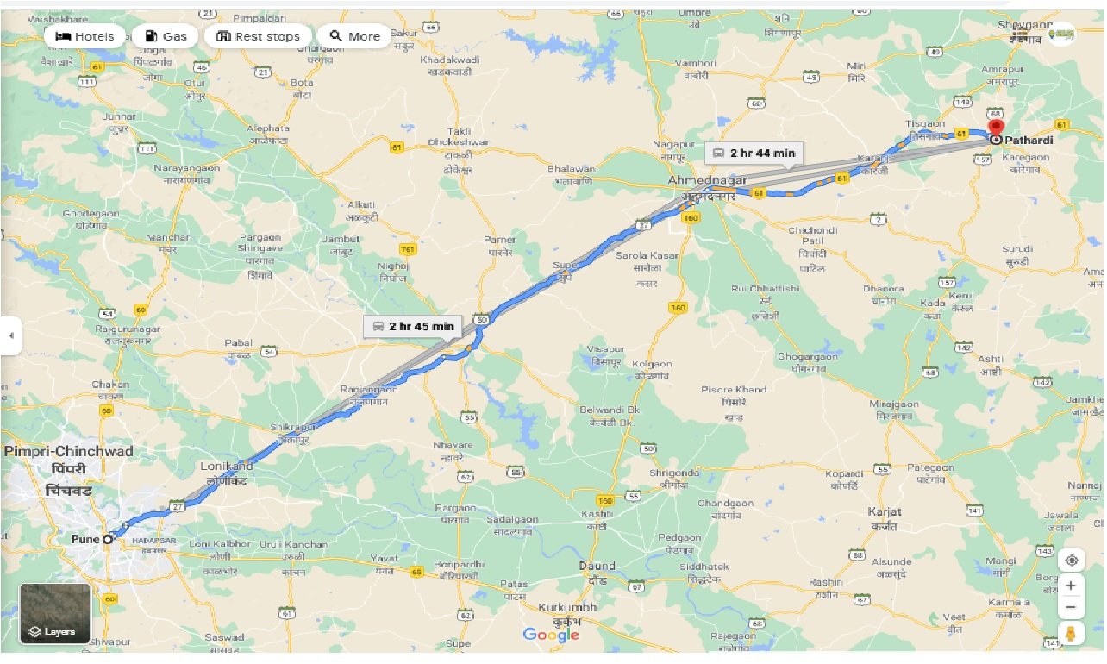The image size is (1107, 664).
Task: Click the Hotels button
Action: (84, 36)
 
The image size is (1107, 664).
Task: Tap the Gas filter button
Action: (165, 36)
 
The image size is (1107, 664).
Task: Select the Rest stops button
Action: (258, 36)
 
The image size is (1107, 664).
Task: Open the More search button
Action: (354, 36)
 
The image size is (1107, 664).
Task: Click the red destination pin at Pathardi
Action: (997, 130)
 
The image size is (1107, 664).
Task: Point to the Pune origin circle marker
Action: (108, 539)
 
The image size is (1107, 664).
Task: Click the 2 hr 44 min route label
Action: (754, 153)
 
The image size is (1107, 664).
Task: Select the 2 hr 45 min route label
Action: (413, 326)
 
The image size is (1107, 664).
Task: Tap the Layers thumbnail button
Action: (55, 614)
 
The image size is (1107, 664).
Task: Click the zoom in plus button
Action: (1071, 586)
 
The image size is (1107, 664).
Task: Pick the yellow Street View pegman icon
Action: (1071, 634)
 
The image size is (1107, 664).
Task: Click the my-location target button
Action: (1071, 559)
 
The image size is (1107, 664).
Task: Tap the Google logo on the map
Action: (551, 636)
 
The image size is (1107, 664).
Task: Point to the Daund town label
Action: (597, 567)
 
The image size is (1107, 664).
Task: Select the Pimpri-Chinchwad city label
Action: (68, 452)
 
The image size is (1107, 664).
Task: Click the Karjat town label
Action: (884, 511)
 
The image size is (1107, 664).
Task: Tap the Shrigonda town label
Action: (674, 473)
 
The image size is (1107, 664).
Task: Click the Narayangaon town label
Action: (186, 167)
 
